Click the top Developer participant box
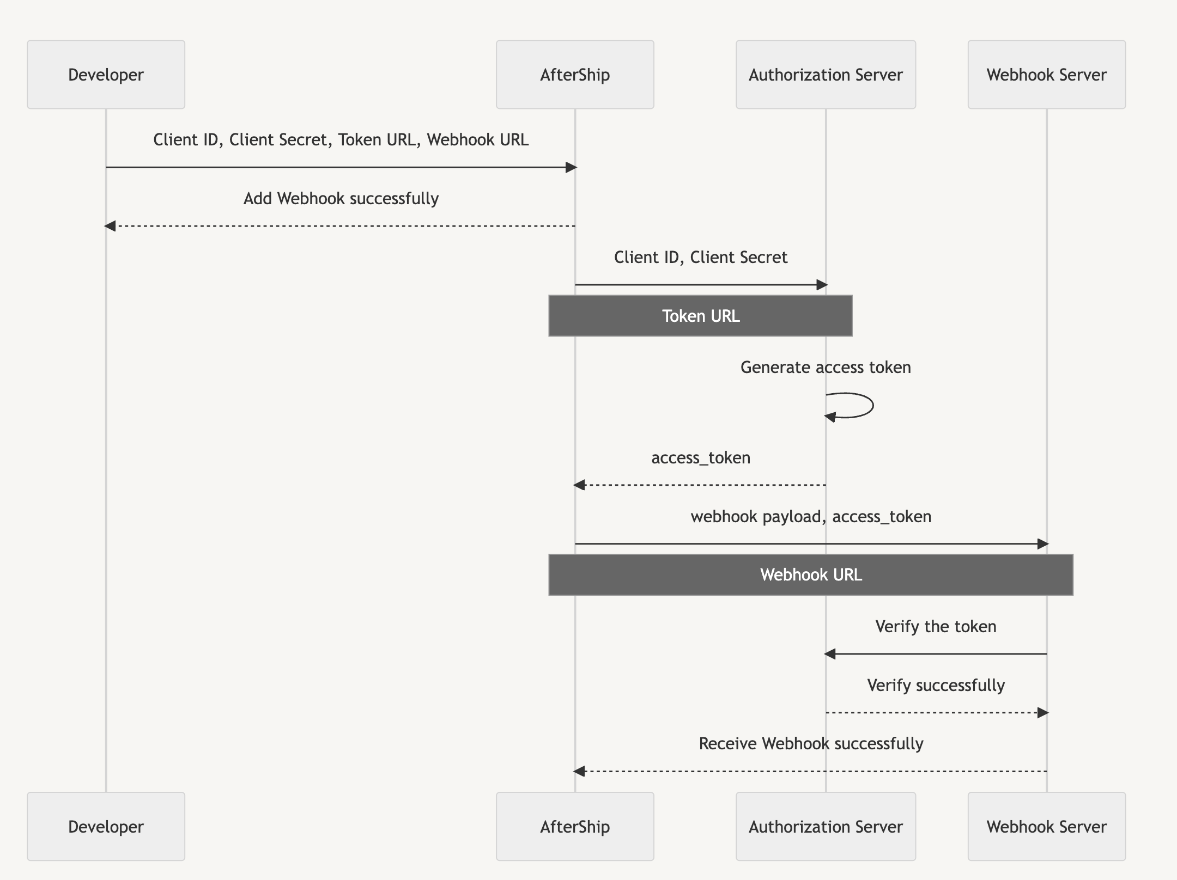click(106, 75)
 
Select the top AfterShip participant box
click(575, 75)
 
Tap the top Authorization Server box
click(826, 75)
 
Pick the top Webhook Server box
click(1046, 75)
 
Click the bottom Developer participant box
click(106, 827)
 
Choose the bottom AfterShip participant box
click(575, 827)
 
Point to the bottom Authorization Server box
click(826, 827)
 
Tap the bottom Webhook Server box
click(1046, 827)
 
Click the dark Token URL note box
click(700, 316)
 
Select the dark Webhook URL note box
click(811, 575)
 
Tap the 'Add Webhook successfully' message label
click(341, 199)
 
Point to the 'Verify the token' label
click(936, 627)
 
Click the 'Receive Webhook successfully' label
click(811, 744)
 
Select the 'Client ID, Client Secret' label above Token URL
click(700, 258)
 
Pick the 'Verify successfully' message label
click(936, 686)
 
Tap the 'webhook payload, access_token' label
click(811, 517)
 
